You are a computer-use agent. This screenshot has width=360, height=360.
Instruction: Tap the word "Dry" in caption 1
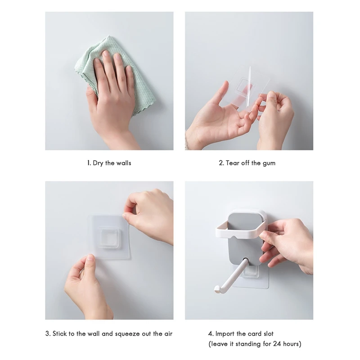click(98, 163)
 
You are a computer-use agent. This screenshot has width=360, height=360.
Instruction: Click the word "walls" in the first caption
click(124, 163)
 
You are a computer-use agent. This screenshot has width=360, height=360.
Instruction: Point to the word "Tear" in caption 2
click(232, 163)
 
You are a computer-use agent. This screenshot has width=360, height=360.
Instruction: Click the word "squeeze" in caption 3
click(127, 334)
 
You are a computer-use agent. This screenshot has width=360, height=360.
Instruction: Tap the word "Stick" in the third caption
click(60, 333)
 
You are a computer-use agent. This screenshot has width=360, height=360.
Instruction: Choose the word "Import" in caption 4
click(225, 334)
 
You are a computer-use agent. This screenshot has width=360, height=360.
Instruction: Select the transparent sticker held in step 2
click(244, 88)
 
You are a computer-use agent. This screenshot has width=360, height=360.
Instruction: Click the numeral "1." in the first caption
click(89, 163)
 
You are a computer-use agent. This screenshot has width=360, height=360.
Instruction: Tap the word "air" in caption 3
click(168, 333)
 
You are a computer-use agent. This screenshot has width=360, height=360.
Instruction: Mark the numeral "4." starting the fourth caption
click(211, 333)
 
